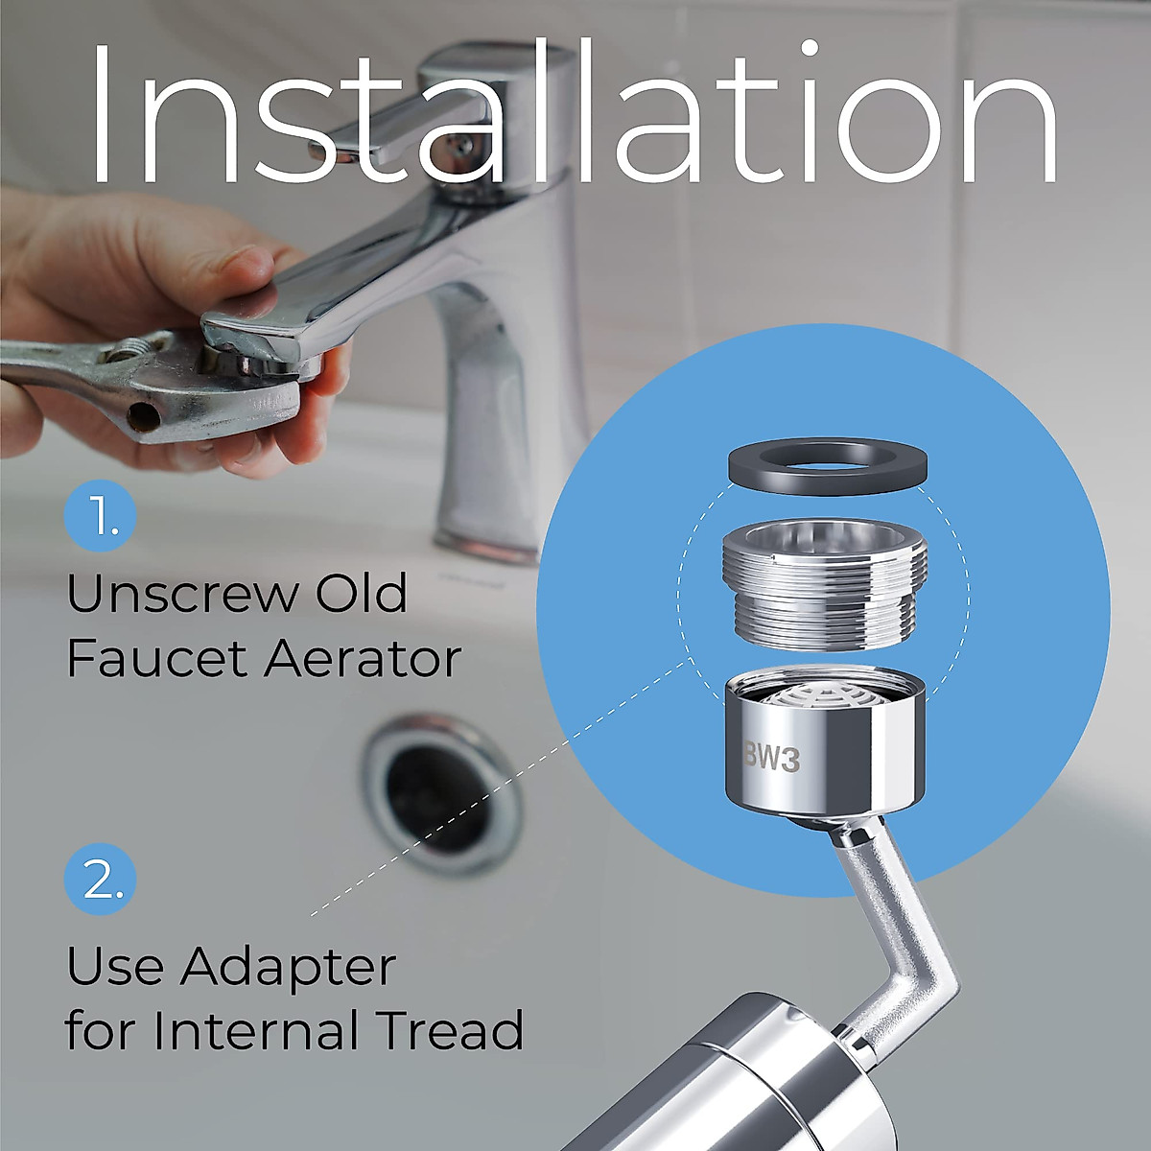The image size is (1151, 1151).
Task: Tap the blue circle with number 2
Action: (101, 879)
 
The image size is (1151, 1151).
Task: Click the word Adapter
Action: (288, 969)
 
